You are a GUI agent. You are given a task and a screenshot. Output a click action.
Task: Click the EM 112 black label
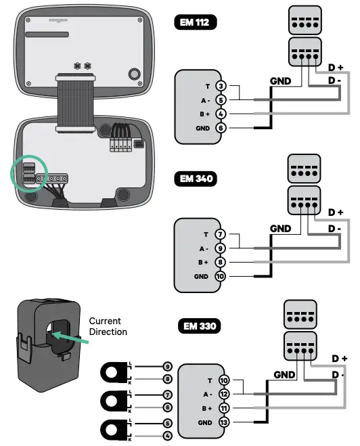coord(196,22)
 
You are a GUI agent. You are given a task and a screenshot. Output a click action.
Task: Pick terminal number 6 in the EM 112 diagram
coord(220,127)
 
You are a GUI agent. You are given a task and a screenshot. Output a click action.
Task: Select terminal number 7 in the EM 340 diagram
coord(220,234)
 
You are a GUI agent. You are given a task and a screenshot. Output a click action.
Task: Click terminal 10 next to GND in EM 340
coord(220,276)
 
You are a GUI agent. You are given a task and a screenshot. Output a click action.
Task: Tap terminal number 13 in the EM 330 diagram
coord(225,423)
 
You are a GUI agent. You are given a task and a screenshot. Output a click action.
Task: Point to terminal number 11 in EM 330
coord(225,409)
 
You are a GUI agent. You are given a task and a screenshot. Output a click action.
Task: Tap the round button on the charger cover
coord(134,73)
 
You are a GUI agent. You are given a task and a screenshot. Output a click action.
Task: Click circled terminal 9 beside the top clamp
coord(168,365)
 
